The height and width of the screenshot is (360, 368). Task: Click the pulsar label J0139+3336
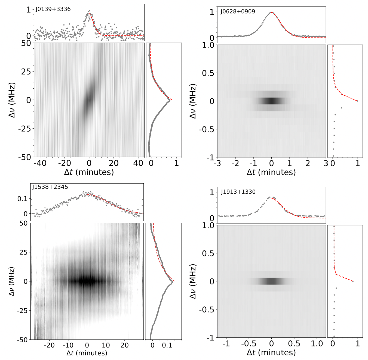pyautogui.click(x=53, y=9)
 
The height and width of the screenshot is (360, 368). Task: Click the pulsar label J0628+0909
pyautogui.click(x=238, y=12)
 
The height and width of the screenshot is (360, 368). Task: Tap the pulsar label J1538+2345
pyautogui.click(x=50, y=187)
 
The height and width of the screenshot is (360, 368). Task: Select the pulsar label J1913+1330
pyautogui.click(x=238, y=192)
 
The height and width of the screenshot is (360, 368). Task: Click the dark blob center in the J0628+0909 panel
pyautogui.click(x=271, y=101)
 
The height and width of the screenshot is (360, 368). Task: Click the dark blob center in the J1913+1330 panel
pyautogui.click(x=271, y=281)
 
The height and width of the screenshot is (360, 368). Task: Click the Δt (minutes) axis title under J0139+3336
pyautogui.click(x=89, y=172)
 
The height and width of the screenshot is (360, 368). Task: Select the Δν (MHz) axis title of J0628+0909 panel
pyautogui.click(x=193, y=101)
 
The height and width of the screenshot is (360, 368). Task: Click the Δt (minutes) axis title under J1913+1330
pyautogui.click(x=271, y=352)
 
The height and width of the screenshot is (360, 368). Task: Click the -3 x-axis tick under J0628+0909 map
pyautogui.click(x=217, y=163)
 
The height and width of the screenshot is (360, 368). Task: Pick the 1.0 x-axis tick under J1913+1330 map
pyautogui.click(x=317, y=343)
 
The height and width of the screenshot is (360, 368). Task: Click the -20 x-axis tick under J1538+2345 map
pyautogui.click(x=49, y=345)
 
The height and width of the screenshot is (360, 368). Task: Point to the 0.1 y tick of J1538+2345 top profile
pyautogui.click(x=22, y=199)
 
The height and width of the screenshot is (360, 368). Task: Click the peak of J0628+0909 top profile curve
pyautogui.click(x=271, y=12)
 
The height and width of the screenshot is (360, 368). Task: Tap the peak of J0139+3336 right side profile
pyautogui.click(x=169, y=100)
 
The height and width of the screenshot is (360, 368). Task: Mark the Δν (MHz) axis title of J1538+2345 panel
pyautogui.click(x=11, y=281)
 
